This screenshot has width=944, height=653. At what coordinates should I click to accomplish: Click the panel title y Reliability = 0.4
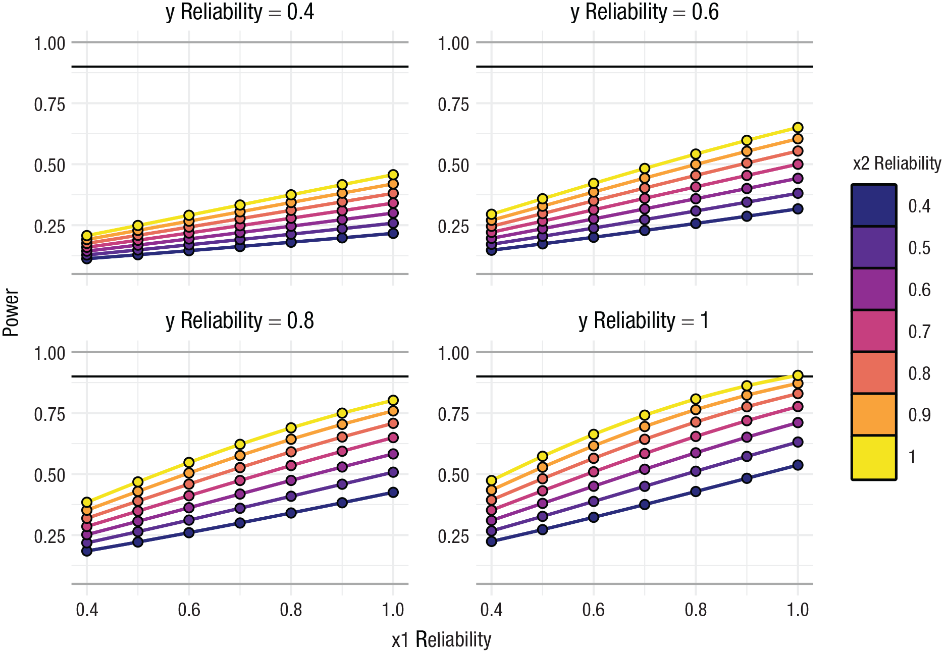240,12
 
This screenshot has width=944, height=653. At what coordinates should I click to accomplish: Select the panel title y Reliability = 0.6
645,12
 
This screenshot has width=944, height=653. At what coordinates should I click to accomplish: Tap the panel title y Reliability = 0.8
240,321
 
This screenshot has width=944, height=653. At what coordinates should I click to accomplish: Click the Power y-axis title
11,312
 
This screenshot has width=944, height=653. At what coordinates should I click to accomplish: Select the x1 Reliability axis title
442,639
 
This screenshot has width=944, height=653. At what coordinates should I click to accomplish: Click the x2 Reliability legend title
897,164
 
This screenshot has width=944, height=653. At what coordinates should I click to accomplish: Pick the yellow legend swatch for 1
874,457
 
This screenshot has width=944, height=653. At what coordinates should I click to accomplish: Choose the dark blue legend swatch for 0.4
874,205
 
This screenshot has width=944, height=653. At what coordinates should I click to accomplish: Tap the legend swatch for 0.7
874,331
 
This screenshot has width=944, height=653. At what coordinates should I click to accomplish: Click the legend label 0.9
919,415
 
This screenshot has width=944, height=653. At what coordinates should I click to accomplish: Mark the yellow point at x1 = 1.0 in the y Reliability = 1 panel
798,375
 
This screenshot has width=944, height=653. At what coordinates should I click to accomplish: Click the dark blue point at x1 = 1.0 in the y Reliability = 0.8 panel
393,493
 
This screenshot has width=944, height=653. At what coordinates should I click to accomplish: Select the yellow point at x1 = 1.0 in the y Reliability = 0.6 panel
798,128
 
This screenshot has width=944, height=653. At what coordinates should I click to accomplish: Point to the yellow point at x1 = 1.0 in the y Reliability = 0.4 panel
393,175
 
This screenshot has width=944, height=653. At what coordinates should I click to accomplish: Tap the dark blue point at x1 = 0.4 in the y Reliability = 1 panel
492,541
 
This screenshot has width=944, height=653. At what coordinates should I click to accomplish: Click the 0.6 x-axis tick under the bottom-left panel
189,610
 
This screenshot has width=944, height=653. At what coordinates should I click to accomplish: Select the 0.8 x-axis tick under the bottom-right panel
696,610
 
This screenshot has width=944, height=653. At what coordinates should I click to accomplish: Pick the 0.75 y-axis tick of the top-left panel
49,104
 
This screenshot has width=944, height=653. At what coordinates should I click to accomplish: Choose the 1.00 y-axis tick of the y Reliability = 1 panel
453,353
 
